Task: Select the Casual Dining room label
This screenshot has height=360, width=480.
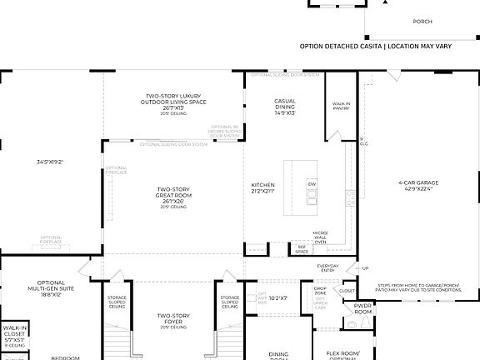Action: pyautogui.click(x=285, y=106)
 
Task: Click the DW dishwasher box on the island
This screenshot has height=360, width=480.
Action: pyautogui.click(x=312, y=183)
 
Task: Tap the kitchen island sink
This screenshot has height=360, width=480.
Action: pyautogui.click(x=312, y=197)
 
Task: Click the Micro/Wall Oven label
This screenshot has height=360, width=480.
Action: pyautogui.click(x=320, y=237)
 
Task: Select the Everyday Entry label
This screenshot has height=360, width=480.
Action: pyautogui.click(x=328, y=268)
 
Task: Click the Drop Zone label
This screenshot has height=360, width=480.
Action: pyautogui.click(x=320, y=292)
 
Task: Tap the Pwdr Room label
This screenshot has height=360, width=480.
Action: pyautogui.click(x=362, y=308)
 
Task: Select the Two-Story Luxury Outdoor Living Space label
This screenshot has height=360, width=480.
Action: pyautogui.click(x=173, y=102)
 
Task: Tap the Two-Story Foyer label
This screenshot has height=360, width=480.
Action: pyautogui.click(x=173, y=319)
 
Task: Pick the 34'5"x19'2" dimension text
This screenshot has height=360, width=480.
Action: pyautogui.click(x=49, y=162)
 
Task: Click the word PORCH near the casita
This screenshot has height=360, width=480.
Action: pyautogui.click(x=422, y=22)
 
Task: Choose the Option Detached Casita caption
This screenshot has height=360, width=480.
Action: pyautogui.click(x=375, y=46)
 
